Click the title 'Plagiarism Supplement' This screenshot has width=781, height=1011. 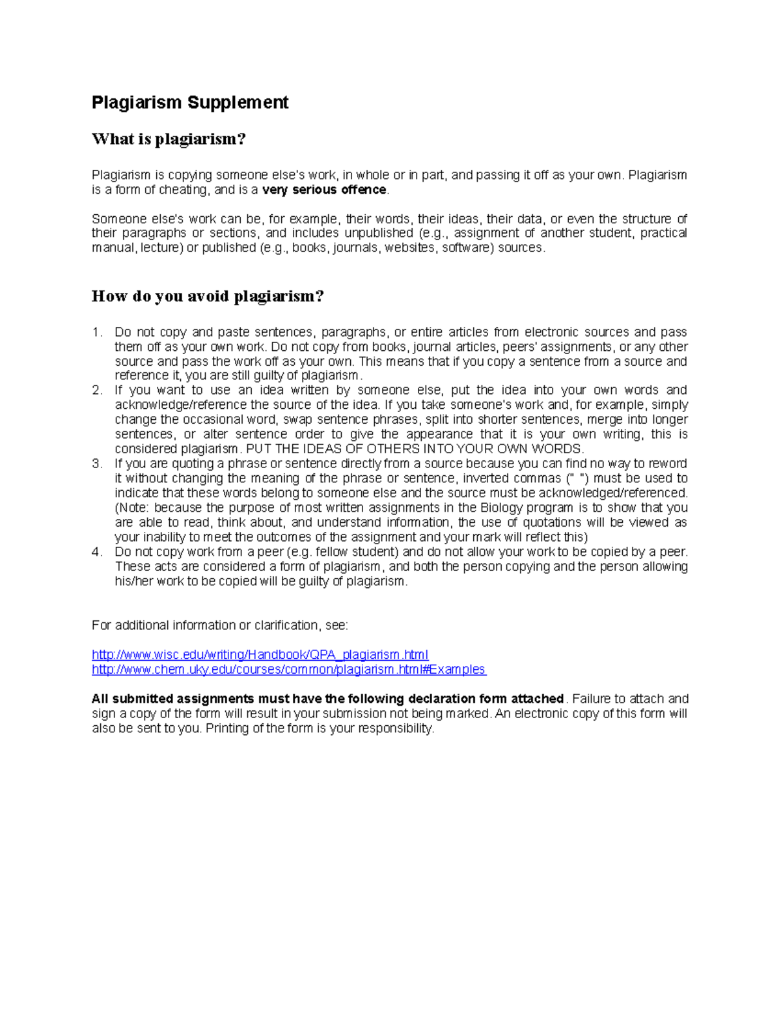189,103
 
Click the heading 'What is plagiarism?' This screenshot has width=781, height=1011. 169,139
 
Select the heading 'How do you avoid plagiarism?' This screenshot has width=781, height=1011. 208,297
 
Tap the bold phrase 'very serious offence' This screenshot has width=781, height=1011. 324,190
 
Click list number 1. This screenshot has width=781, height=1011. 97,333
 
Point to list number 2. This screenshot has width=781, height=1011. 97,391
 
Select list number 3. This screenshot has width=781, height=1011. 97,464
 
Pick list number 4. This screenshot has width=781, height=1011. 97,552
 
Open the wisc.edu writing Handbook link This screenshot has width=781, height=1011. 260,655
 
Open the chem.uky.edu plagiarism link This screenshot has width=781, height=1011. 288,670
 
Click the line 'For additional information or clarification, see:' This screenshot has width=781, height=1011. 219,626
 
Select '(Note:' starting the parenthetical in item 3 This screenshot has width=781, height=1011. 132,508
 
